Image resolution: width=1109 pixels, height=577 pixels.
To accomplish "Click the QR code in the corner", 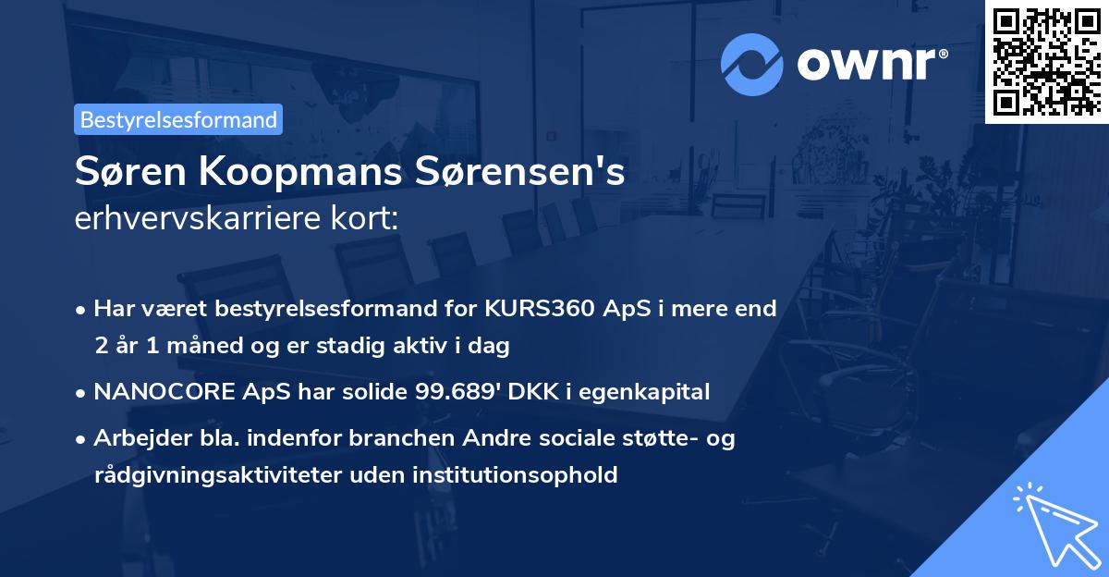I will pos(1046,61).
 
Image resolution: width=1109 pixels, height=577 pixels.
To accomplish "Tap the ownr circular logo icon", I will pos(752,65).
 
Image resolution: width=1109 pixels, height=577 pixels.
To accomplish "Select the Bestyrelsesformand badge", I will pos(178,119).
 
